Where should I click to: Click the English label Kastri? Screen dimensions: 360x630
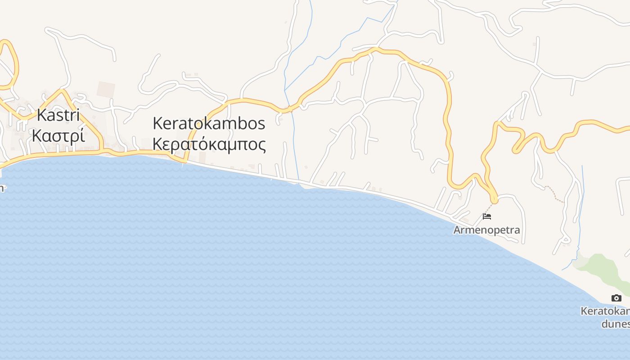point(58,115)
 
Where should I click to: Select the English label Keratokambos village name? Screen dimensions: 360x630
point(209,123)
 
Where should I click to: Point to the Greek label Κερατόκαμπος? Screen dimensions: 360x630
point(209,144)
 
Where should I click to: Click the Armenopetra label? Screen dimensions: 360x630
point(486,230)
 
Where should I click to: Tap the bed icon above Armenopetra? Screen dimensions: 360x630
point(486,216)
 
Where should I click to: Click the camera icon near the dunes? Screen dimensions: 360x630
point(616,298)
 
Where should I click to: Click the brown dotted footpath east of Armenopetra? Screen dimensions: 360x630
point(554,194)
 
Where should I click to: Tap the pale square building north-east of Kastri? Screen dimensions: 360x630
point(106,89)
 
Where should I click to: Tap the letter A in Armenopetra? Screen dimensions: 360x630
point(457,230)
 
